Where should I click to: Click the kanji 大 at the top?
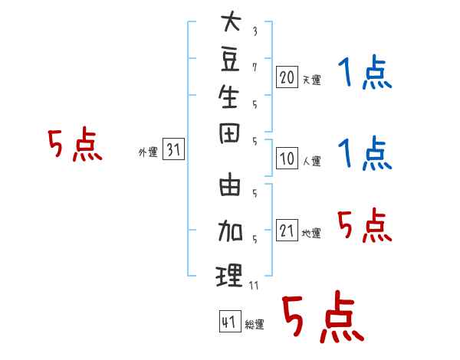pyautogui.click(x=230, y=23)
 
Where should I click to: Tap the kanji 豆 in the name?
pyautogui.click(x=230, y=60)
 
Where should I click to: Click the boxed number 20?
pyautogui.click(x=287, y=77)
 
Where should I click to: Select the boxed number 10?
pyautogui.click(x=287, y=159)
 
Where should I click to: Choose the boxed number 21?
pyautogui.click(x=287, y=231)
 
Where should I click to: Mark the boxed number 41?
pyautogui.click(x=228, y=322)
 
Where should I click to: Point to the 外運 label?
pyautogui.click(x=148, y=152)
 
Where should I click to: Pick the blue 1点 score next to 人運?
pyautogui.click(x=364, y=153)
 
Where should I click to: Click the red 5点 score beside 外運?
pyautogui.click(x=75, y=145)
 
